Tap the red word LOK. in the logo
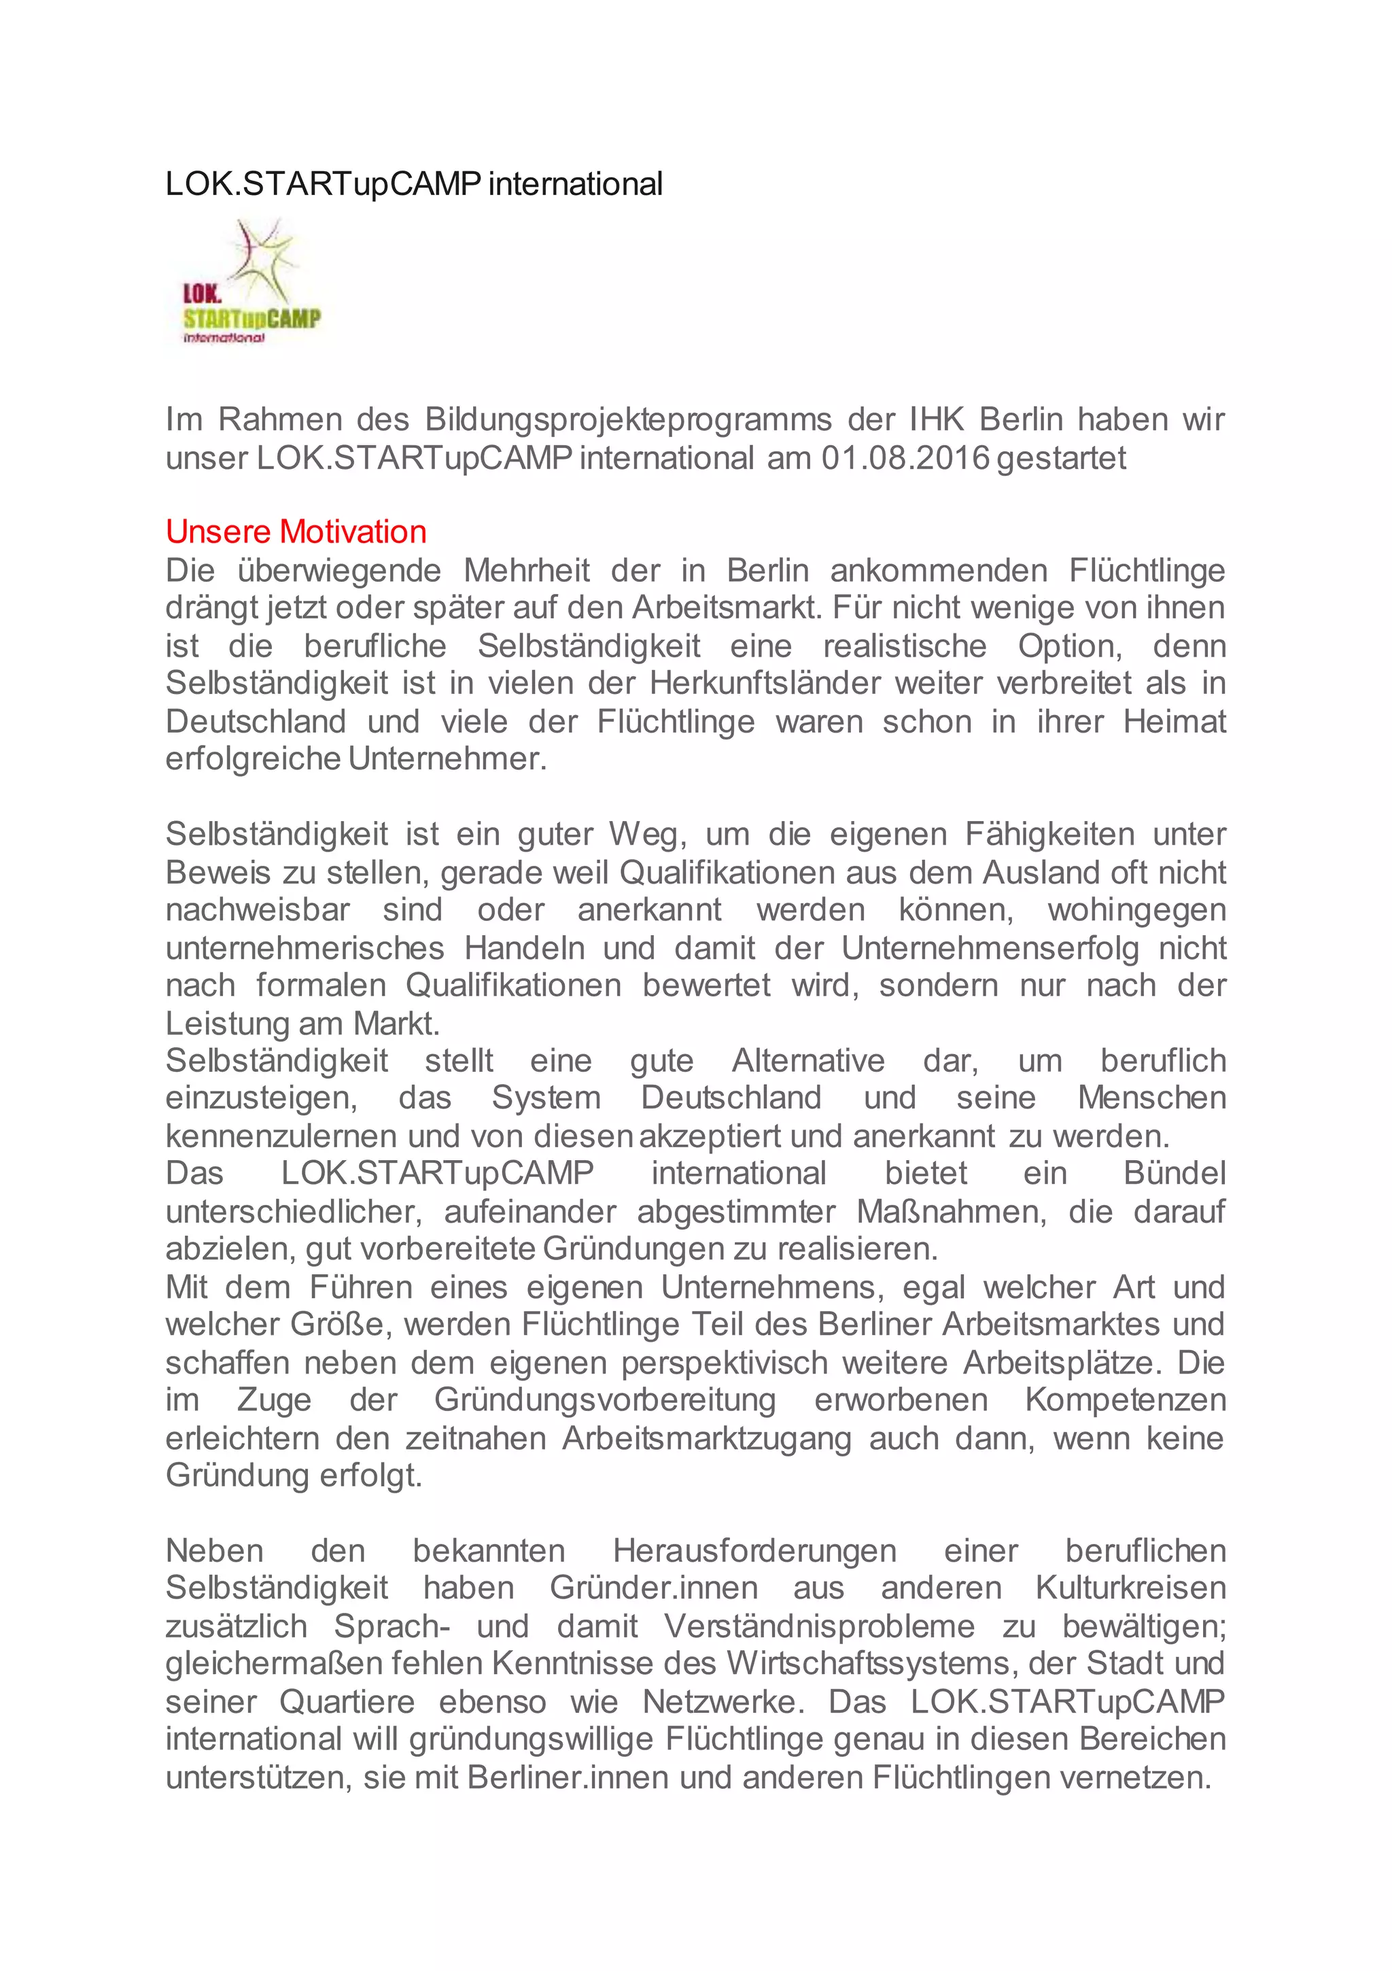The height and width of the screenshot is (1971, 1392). click(x=202, y=294)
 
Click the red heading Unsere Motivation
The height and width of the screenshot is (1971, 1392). click(x=296, y=532)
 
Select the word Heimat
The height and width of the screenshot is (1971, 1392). click(x=1174, y=721)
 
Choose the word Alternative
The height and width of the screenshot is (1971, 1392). click(x=808, y=1061)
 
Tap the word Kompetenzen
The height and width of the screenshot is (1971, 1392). click(x=1125, y=1400)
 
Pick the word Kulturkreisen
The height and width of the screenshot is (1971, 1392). click(x=1130, y=1588)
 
